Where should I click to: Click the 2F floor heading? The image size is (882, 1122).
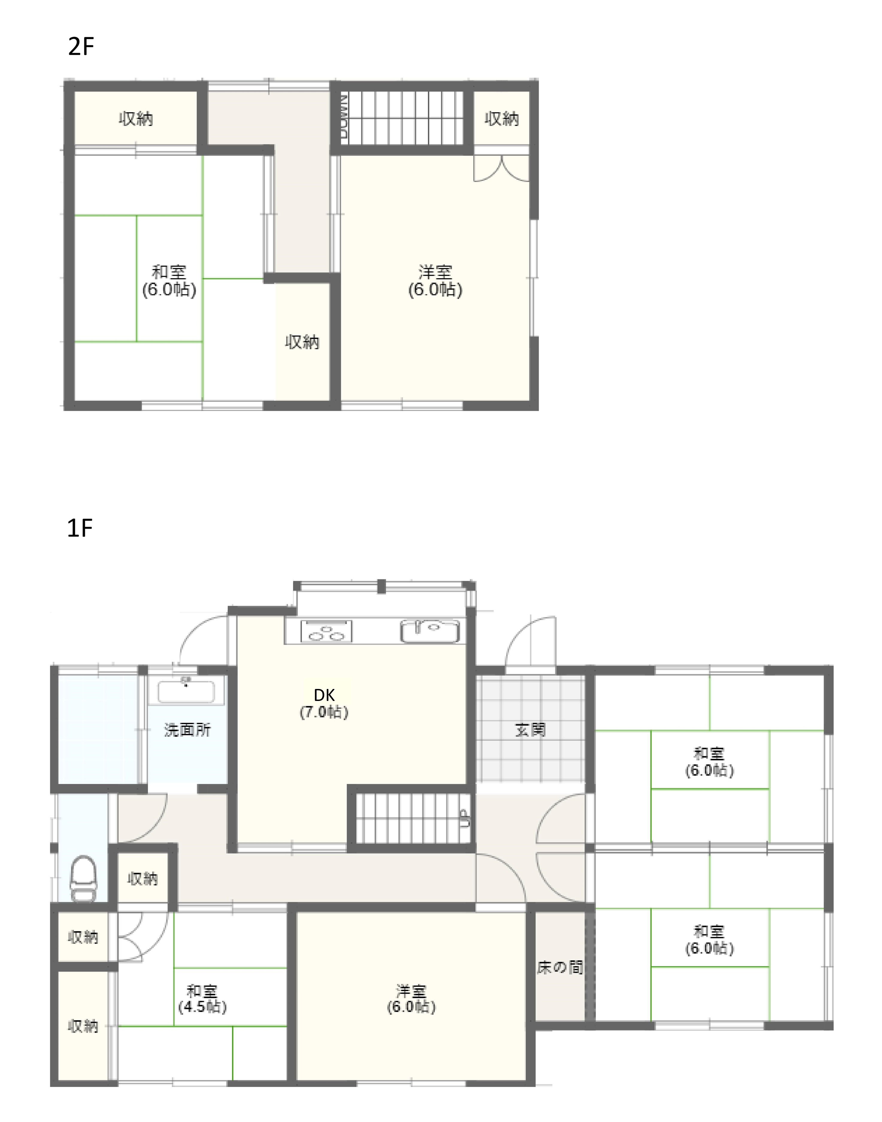click(81, 46)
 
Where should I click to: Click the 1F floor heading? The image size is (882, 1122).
click(80, 528)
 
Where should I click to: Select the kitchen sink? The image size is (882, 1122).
click(430, 631)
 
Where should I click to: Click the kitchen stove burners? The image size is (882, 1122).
click(326, 631)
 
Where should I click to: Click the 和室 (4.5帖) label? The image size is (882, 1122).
click(202, 999)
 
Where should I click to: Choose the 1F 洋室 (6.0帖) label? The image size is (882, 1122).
click(412, 999)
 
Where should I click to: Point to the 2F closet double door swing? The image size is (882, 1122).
click(501, 168)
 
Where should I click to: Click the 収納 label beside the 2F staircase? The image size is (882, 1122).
click(501, 119)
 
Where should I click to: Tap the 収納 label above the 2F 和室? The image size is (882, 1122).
click(136, 119)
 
